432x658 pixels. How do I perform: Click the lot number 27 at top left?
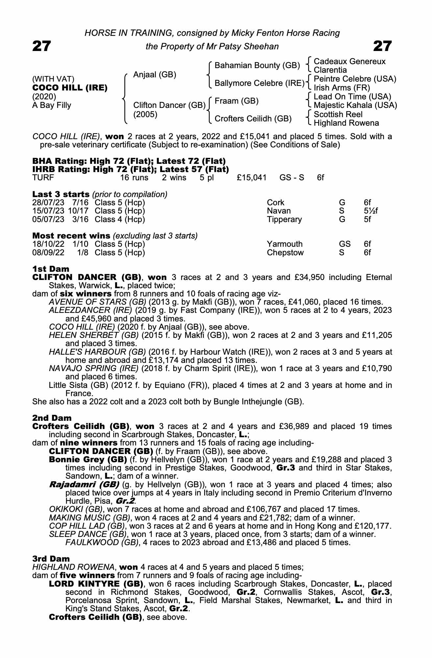point(42,46)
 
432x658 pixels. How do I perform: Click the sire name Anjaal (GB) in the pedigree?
point(155,75)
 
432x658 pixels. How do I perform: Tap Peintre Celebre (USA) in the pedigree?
point(355,79)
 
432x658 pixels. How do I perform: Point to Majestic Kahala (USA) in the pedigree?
point(355,105)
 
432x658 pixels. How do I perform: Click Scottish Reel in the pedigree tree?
point(338,114)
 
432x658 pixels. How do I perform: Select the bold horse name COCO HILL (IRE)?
point(70,88)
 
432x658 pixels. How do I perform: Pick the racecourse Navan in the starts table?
point(279,211)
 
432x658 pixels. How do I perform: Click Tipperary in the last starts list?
point(284,219)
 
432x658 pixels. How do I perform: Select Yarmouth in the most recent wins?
point(285,244)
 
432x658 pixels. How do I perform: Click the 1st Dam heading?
point(51,269)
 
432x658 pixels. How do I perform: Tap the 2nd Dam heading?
point(52,418)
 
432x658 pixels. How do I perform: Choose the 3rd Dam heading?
point(51,559)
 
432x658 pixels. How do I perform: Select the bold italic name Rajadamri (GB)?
point(84,485)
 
